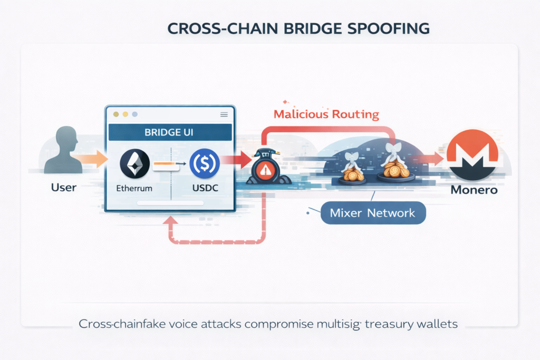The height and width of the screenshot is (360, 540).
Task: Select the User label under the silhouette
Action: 63,187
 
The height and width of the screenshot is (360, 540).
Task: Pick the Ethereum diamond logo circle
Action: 135,163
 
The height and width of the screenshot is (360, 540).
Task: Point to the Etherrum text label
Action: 135,188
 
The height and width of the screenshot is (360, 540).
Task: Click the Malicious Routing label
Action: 326,113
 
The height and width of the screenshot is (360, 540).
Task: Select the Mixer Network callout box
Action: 372,213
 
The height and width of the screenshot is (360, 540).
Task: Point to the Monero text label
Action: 474,190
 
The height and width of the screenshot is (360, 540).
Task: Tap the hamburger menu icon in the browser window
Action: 224,114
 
